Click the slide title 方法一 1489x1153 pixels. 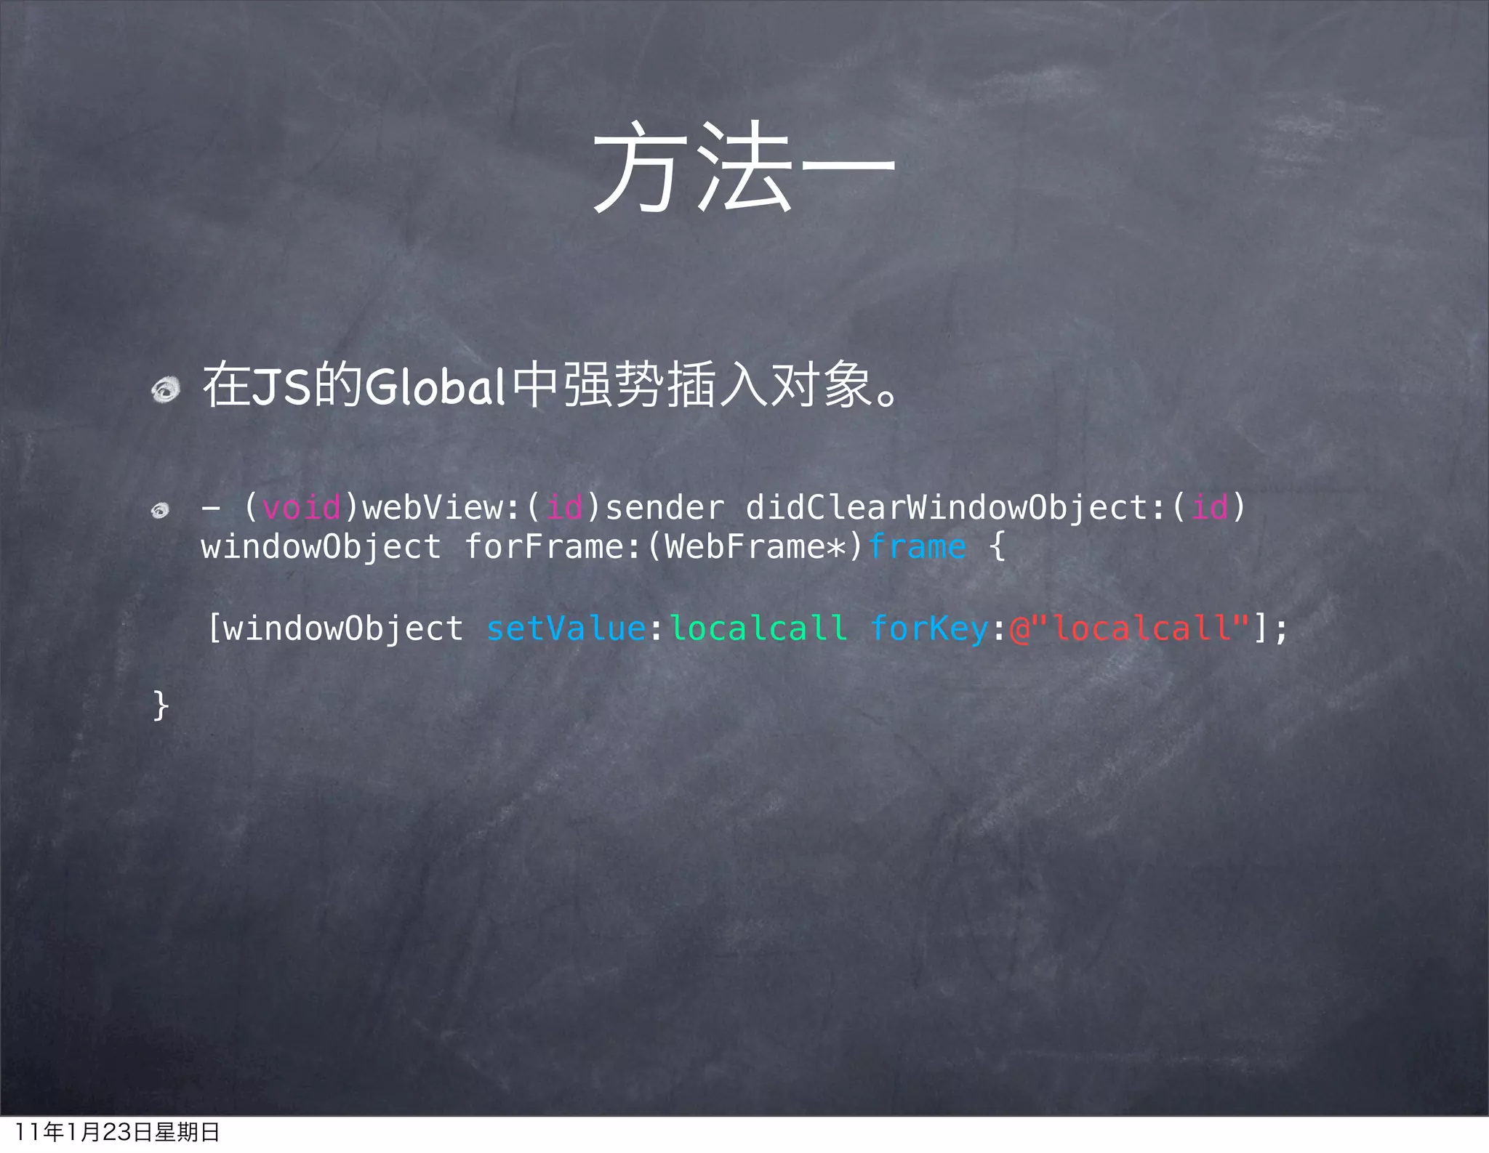744,167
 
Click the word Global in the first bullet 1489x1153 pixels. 434,386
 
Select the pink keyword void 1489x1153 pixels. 301,507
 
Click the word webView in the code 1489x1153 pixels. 433,507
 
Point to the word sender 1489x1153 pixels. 665,507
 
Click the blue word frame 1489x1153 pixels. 917,547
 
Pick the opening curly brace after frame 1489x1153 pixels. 998,546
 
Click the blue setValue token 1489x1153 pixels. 566,628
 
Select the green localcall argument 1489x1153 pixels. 758,628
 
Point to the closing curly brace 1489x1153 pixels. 161,705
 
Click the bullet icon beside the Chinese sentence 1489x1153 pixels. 166,389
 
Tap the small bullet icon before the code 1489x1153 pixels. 160,510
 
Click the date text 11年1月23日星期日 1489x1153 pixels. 116,1132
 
